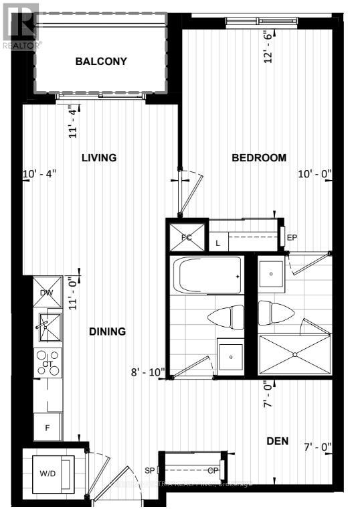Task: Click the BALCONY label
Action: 101,62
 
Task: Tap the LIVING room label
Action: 99,158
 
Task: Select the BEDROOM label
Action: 259,158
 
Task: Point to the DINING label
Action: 107,331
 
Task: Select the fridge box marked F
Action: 48,427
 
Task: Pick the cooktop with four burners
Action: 48,364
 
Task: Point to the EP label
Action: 292,238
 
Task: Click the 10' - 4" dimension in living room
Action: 39,174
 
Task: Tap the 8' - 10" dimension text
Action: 148,373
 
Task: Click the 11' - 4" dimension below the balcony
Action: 74,121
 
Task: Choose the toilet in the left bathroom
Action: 227,317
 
